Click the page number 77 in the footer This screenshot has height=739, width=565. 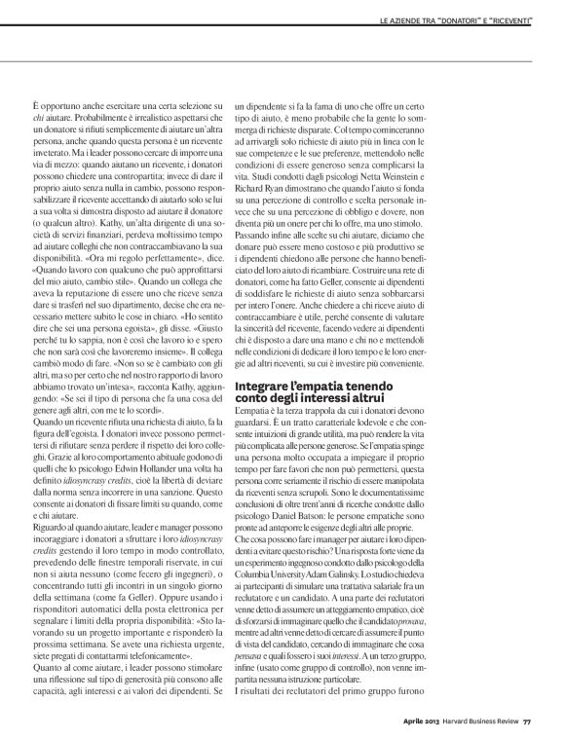point(526,721)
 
